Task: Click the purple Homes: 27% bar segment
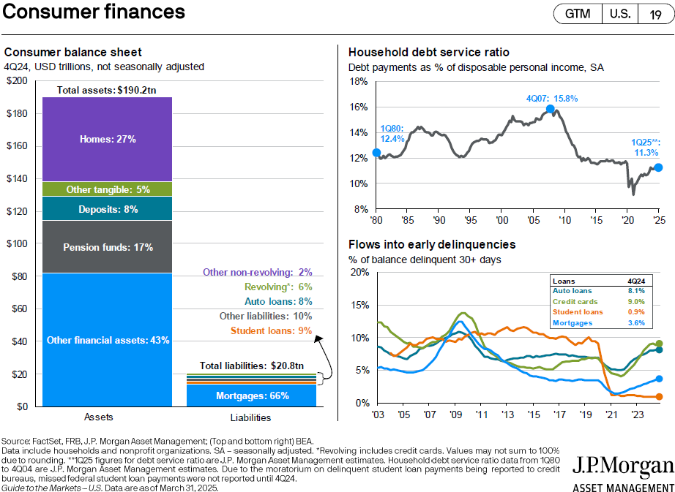coord(107,139)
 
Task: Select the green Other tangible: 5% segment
coord(107,189)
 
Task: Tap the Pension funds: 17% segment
coord(107,247)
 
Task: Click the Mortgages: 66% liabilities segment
coord(251,396)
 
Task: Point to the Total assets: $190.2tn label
coord(106,90)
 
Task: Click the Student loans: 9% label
coord(271,331)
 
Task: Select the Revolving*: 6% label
coord(278,287)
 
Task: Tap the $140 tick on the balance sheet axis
coord(17,179)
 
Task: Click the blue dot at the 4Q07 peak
coord(550,109)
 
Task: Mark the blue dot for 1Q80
coord(376,153)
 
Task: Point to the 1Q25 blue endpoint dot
coord(658,167)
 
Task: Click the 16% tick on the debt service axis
coord(358,107)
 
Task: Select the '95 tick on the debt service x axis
coord(471,221)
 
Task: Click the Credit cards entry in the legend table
coord(575,302)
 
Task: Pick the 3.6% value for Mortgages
coord(636,322)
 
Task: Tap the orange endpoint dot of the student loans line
coord(659,397)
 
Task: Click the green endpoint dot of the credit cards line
coord(659,344)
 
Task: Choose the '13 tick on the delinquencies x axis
coord(507,415)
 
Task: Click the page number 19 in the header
coord(656,15)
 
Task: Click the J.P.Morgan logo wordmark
coord(623,466)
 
